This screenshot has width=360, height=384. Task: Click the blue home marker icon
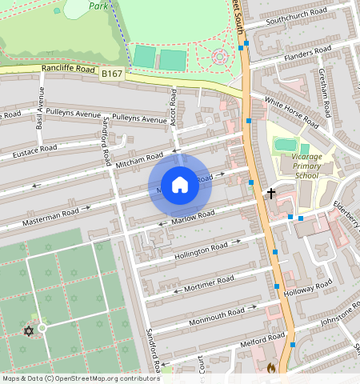click(x=180, y=185)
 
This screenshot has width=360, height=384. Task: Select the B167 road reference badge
click(x=111, y=74)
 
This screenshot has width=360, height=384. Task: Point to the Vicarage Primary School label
click(x=306, y=166)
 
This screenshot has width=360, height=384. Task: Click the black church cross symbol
click(x=271, y=193)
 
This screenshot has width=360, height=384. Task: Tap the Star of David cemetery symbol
click(x=30, y=330)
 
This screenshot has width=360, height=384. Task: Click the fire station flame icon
click(x=270, y=369)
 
